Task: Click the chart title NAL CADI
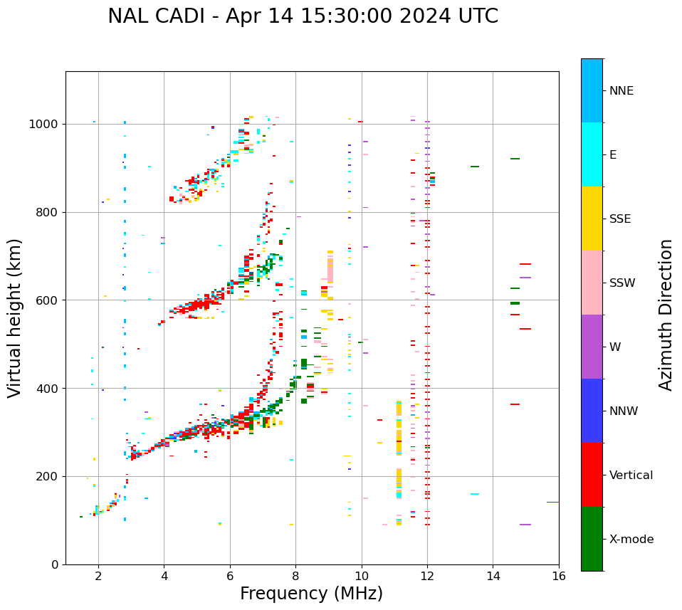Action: click(x=303, y=16)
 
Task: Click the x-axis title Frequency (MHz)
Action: click(x=311, y=594)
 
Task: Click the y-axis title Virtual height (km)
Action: click(x=15, y=317)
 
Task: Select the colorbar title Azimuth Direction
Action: click(x=666, y=315)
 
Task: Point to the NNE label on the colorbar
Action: click(x=621, y=91)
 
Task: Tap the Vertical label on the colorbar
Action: click(x=631, y=475)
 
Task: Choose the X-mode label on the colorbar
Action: click(x=631, y=540)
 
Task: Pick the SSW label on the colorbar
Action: click(x=621, y=283)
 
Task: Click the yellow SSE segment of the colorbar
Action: click(x=592, y=218)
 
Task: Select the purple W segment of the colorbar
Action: click(x=592, y=346)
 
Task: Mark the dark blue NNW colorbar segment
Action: click(x=592, y=410)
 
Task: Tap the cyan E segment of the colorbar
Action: click(x=592, y=154)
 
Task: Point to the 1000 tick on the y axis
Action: click(x=45, y=124)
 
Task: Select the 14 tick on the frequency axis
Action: click(x=493, y=576)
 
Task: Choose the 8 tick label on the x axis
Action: click(x=295, y=576)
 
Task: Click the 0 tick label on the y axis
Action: click(x=55, y=564)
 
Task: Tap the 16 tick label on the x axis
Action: click(x=559, y=576)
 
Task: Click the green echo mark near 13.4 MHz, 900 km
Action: click(x=474, y=167)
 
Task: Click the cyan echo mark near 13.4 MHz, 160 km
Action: click(x=474, y=494)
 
